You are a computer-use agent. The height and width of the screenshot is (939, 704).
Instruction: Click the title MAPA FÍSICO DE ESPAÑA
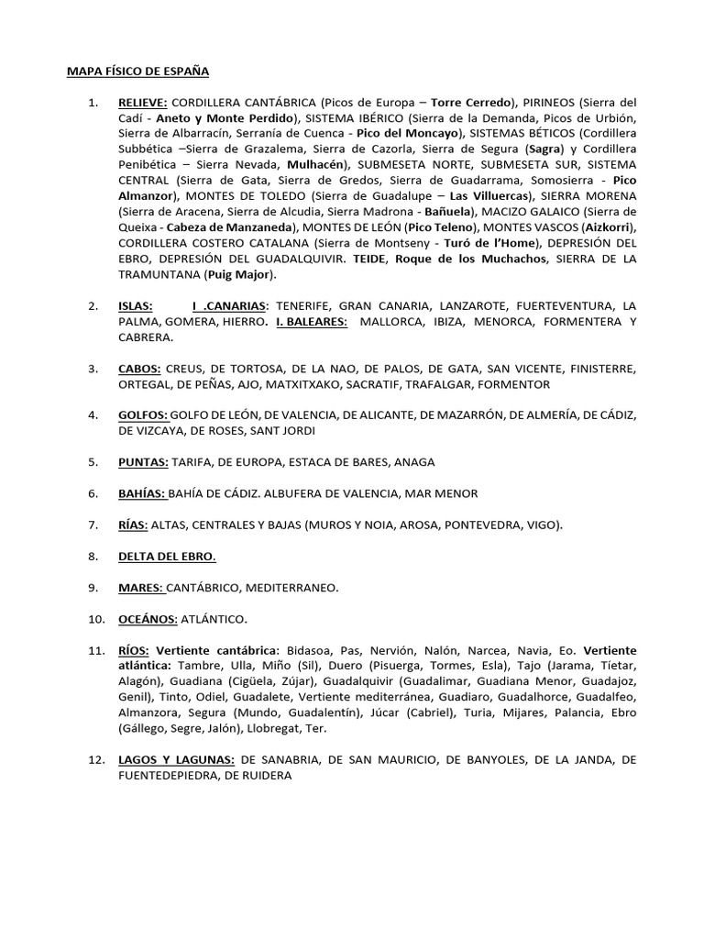(138, 71)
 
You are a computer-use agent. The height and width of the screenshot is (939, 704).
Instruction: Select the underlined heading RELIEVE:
(142, 102)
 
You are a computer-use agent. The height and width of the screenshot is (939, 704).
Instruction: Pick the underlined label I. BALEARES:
(312, 322)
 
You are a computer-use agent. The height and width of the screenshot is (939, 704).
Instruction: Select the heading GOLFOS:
(143, 415)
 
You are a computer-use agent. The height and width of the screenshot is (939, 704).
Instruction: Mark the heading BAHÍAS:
(142, 493)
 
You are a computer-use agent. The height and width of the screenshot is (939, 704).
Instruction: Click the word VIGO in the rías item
(541, 525)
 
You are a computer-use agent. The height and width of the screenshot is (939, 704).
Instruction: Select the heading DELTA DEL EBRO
(167, 556)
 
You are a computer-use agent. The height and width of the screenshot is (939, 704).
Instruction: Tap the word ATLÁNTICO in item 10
(214, 619)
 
